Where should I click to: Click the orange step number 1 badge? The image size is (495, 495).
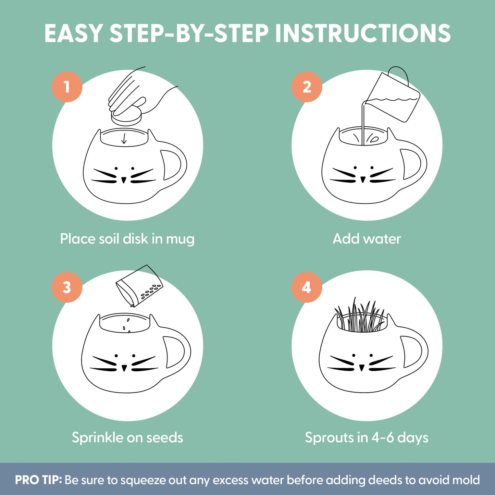click(67, 87)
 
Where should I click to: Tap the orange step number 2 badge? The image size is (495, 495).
click(307, 87)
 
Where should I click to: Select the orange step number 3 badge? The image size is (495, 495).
click(67, 287)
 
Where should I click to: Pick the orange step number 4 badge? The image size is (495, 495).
click(307, 287)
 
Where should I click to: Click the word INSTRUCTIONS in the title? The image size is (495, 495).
click(363, 34)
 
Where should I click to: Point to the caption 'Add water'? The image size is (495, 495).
click(367, 239)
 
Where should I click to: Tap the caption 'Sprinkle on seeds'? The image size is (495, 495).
click(127, 437)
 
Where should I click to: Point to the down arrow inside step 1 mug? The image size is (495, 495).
click(124, 138)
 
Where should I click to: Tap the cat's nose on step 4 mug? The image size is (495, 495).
click(362, 368)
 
